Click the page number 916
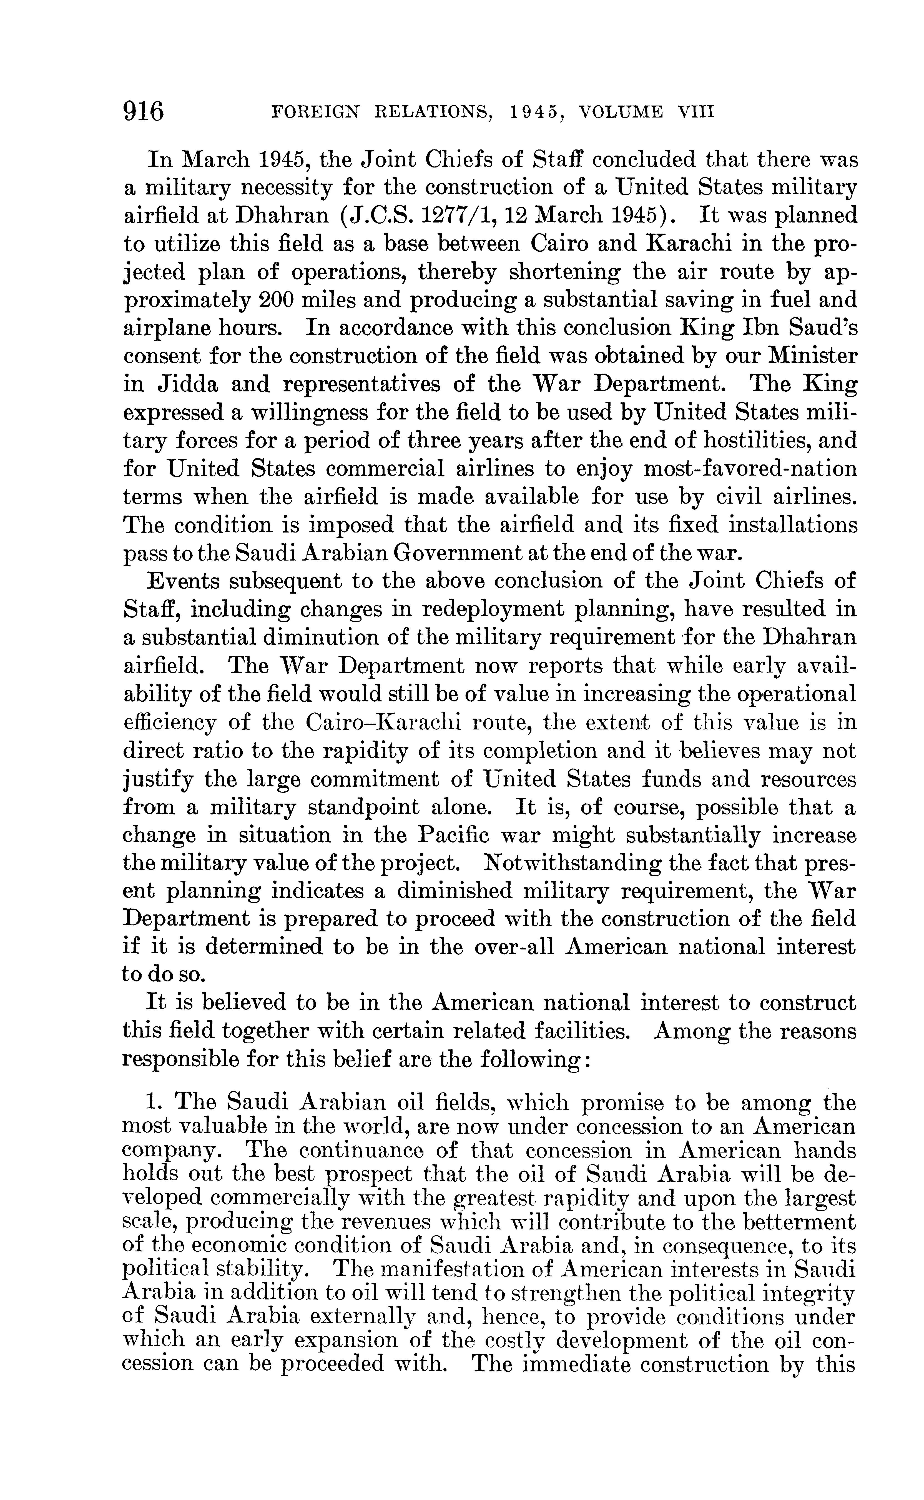pos(144,112)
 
